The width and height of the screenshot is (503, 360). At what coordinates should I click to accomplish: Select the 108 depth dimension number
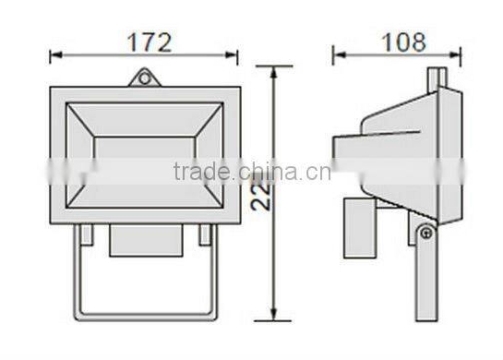coord(403,42)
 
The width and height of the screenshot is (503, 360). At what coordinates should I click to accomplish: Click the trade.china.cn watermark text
coord(246,173)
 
